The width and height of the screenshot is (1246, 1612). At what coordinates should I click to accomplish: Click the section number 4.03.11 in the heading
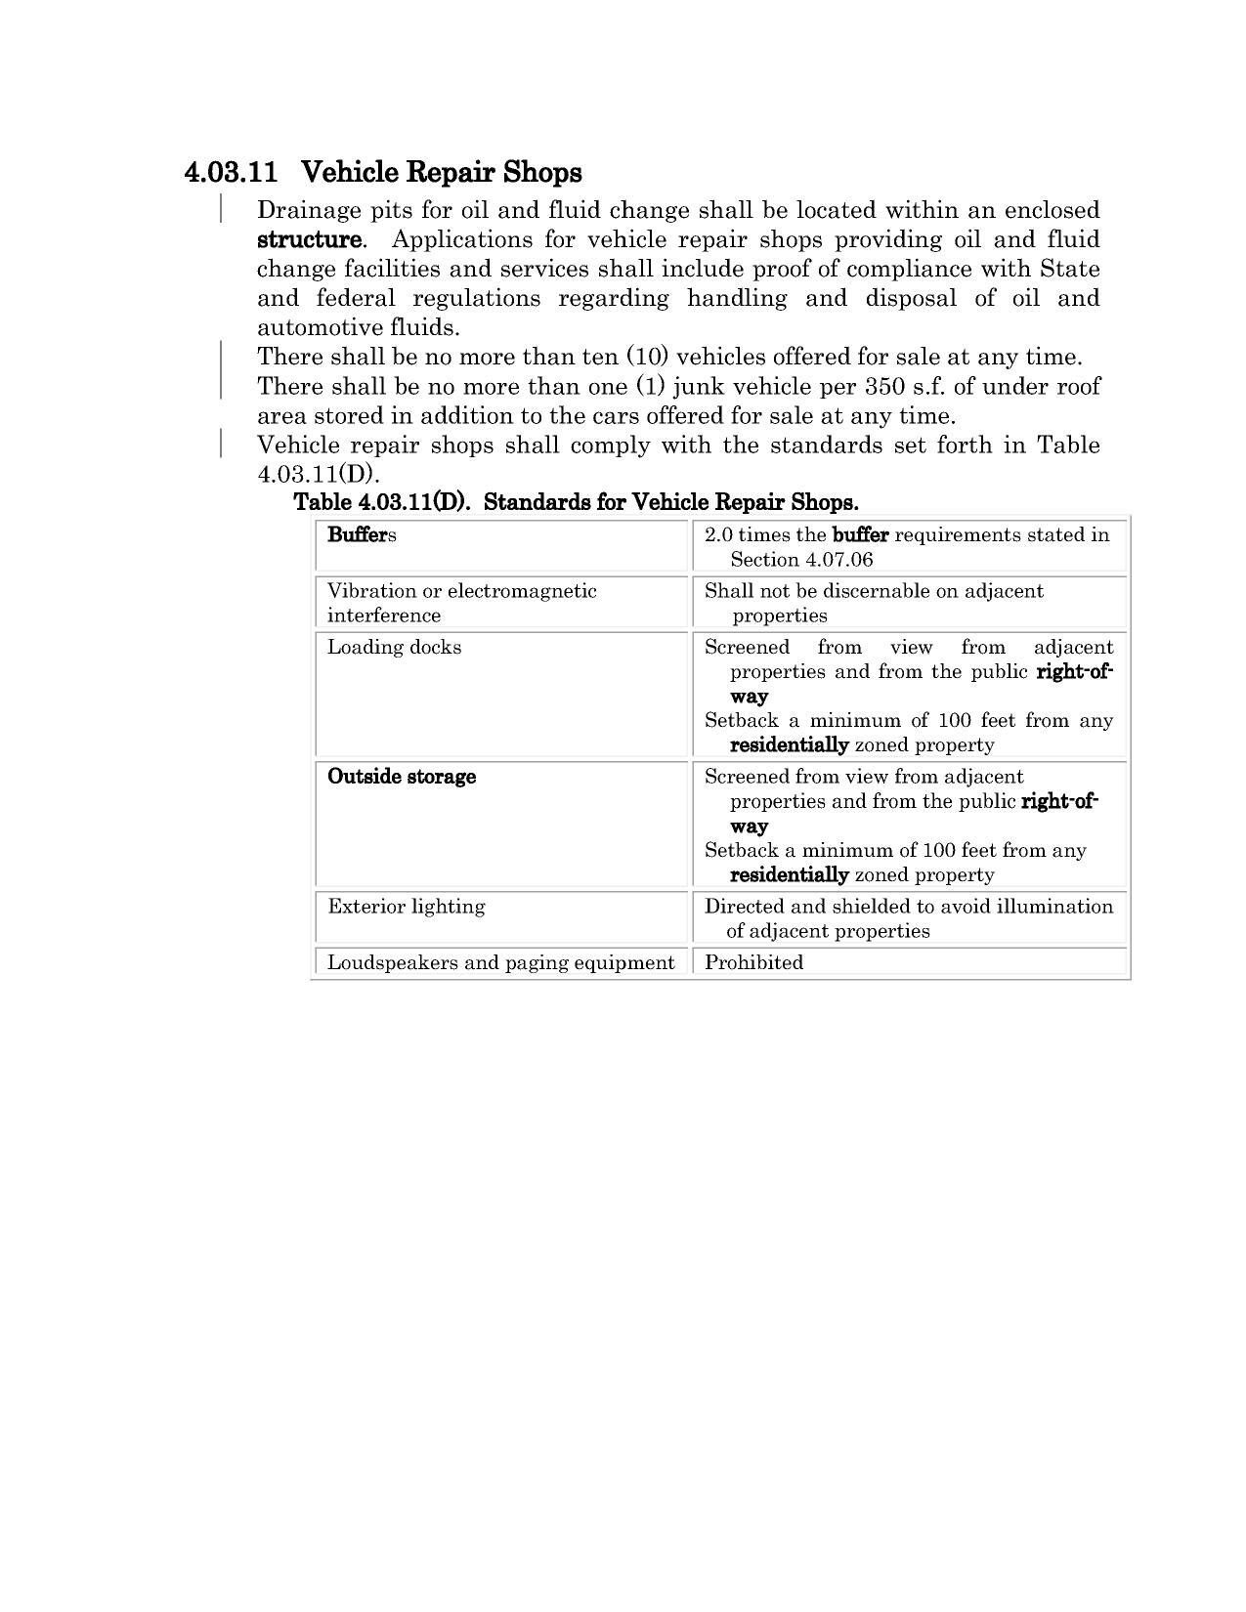click(x=231, y=173)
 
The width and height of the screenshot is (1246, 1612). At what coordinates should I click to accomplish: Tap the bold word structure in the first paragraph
click(x=309, y=239)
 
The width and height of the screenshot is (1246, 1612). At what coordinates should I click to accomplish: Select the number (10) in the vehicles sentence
click(x=647, y=357)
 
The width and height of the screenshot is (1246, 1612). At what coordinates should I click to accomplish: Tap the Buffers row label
click(x=362, y=534)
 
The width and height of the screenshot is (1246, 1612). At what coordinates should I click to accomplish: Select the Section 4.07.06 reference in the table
click(x=801, y=559)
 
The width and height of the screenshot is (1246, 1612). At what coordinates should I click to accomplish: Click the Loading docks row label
click(x=394, y=647)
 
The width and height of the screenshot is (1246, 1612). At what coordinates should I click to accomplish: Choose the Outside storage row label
click(x=402, y=777)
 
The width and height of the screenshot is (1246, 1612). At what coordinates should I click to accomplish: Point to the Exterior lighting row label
click(x=406, y=906)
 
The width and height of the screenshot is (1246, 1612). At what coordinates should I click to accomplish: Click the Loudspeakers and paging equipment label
click(x=500, y=962)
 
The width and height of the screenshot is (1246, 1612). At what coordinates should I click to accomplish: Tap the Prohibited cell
click(x=753, y=962)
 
